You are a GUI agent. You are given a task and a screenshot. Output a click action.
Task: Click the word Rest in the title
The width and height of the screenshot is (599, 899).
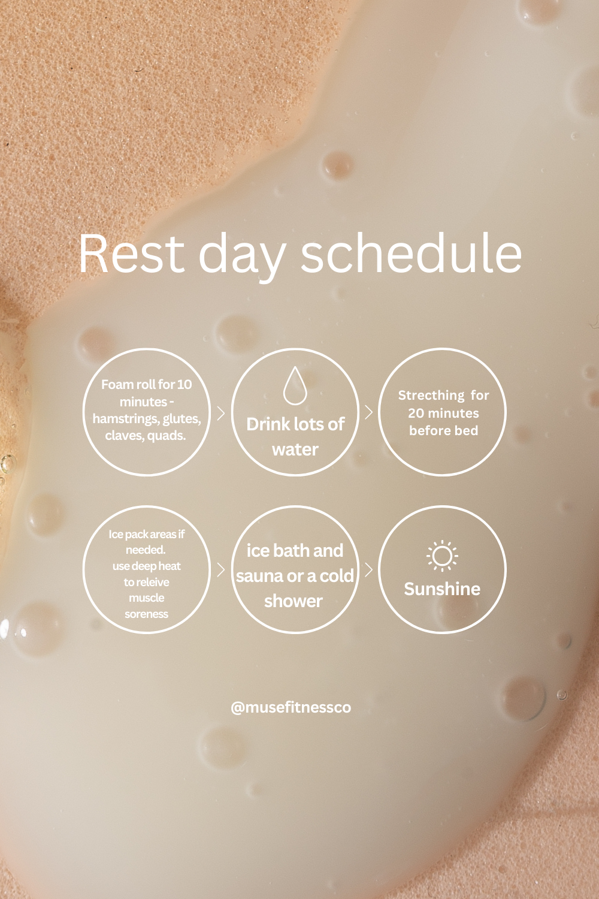point(131,254)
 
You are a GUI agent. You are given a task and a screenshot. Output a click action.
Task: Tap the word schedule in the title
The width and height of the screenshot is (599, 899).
point(412,254)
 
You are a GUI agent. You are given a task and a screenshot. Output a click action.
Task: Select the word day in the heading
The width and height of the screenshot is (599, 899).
point(242,257)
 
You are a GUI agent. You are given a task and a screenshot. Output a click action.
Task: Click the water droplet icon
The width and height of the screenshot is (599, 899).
point(295,385)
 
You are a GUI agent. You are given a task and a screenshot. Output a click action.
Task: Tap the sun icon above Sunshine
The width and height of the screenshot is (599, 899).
point(442,556)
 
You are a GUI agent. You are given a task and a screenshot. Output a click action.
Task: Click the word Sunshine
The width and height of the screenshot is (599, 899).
point(442,589)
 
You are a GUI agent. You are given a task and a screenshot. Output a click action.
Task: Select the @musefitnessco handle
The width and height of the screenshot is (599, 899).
point(291,707)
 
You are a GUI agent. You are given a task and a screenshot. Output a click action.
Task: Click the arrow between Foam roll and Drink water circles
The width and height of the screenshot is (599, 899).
point(220,414)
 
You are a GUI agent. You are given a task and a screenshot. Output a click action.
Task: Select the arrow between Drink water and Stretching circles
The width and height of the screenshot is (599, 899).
point(369,412)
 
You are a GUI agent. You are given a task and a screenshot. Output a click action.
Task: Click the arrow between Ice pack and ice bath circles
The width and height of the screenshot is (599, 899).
point(220,570)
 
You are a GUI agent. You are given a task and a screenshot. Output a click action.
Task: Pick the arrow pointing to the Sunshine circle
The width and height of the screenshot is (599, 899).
point(369,570)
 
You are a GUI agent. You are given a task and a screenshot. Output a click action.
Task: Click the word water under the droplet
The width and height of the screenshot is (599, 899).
point(295,450)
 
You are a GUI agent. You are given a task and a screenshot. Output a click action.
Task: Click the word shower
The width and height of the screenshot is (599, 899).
point(294,601)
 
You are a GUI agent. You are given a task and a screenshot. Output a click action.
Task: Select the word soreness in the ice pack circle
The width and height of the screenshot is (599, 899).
point(146,614)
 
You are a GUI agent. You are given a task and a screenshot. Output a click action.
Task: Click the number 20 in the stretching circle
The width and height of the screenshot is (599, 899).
point(416,414)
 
